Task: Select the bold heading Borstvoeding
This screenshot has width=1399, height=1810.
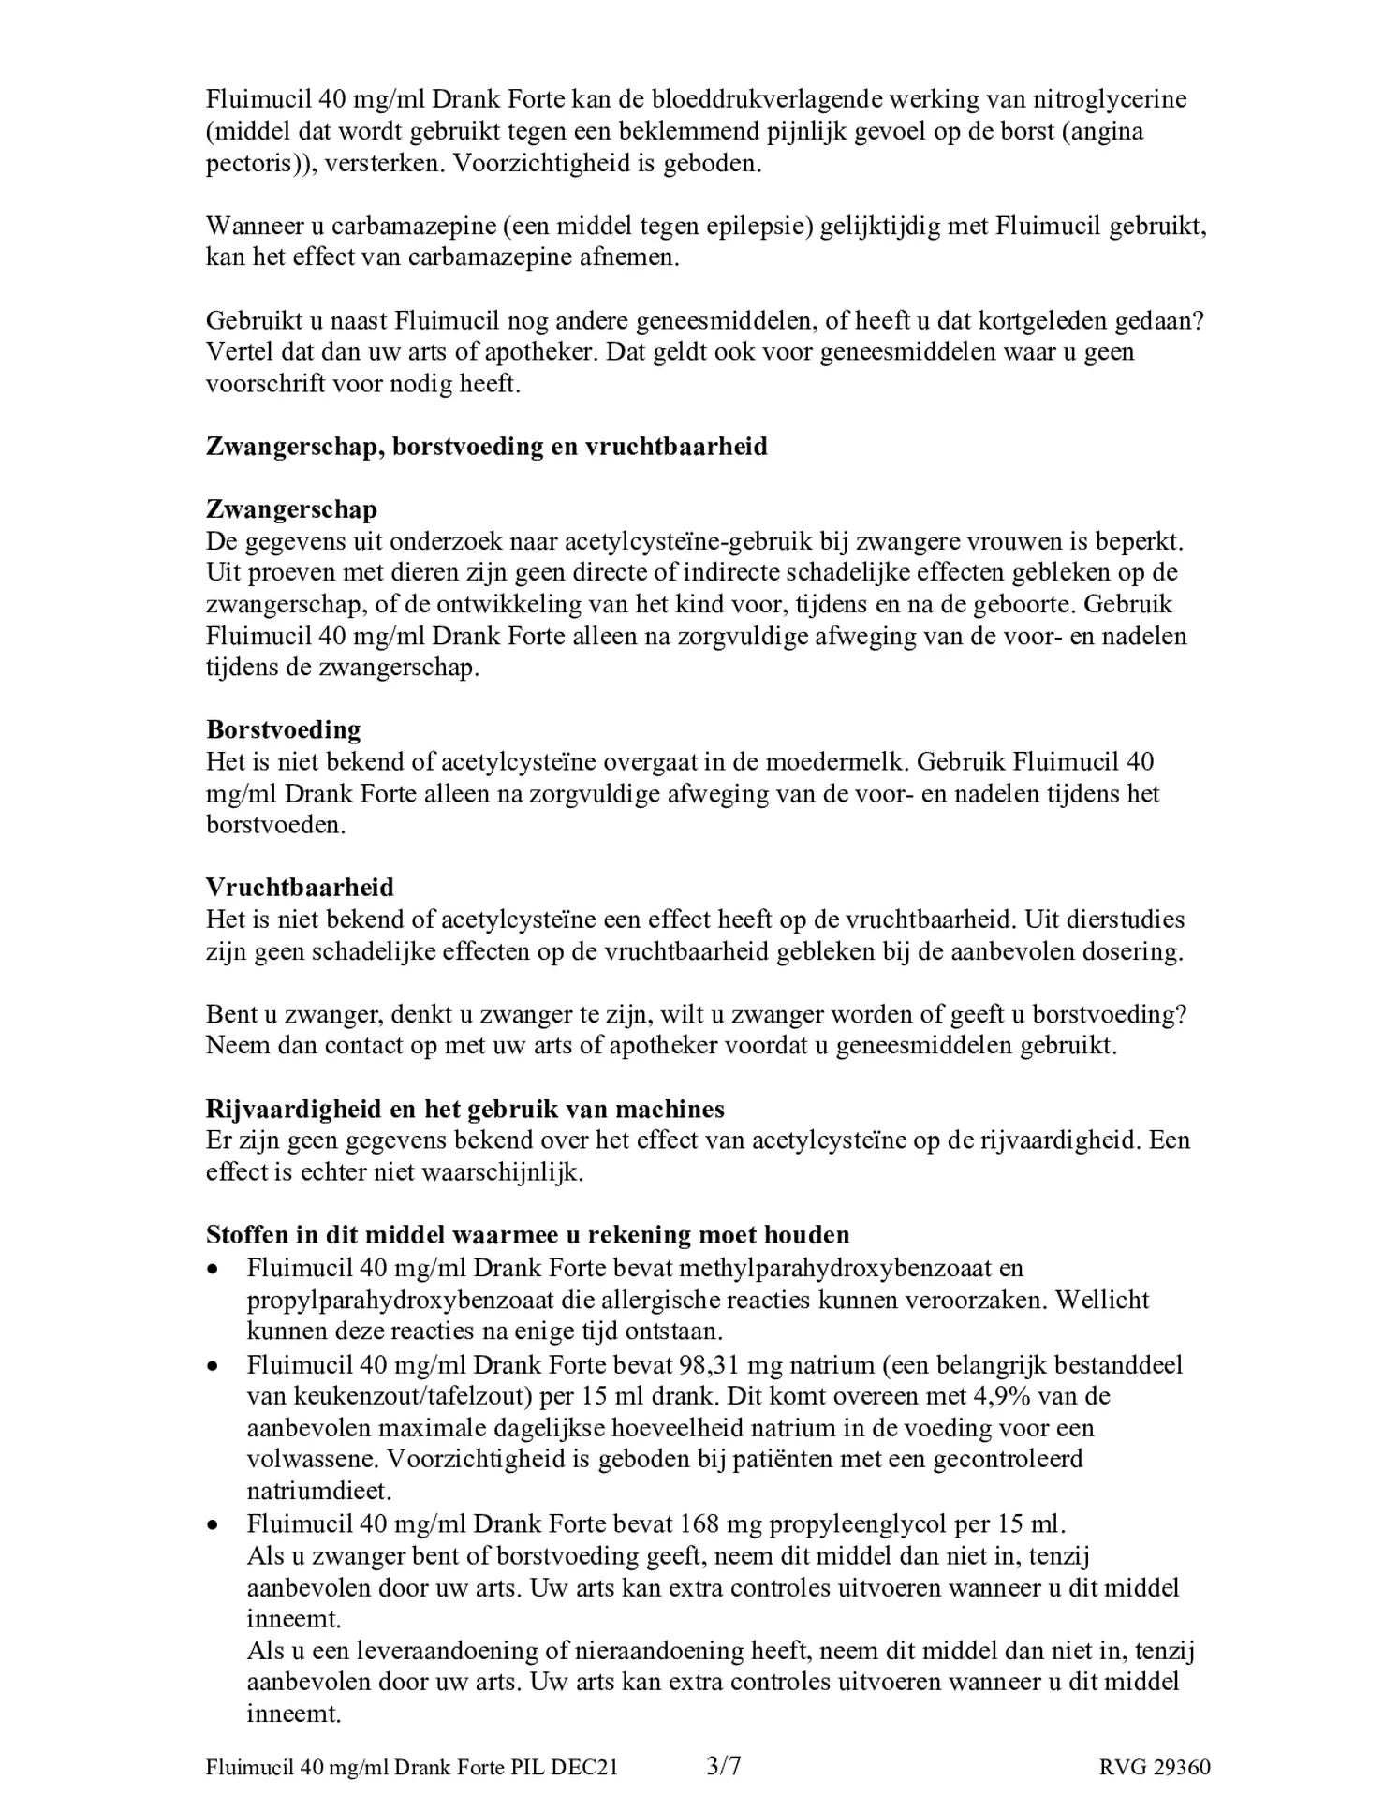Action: click(284, 729)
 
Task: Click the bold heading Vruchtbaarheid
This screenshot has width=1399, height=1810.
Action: click(300, 887)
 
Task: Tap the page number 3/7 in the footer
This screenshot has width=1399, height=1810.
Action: click(724, 1766)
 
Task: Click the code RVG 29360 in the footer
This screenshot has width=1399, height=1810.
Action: click(1155, 1767)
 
